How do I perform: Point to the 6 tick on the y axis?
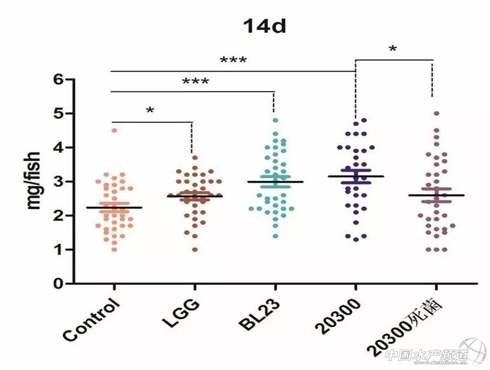(59, 79)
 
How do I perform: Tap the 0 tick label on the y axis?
(59, 284)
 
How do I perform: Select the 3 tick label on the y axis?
(59, 181)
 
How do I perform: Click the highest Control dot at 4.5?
(114, 130)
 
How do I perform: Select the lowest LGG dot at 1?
(195, 249)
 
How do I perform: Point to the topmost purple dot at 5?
(436, 113)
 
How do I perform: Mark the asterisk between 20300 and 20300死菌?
(392, 49)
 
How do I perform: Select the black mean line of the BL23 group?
(275, 182)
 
